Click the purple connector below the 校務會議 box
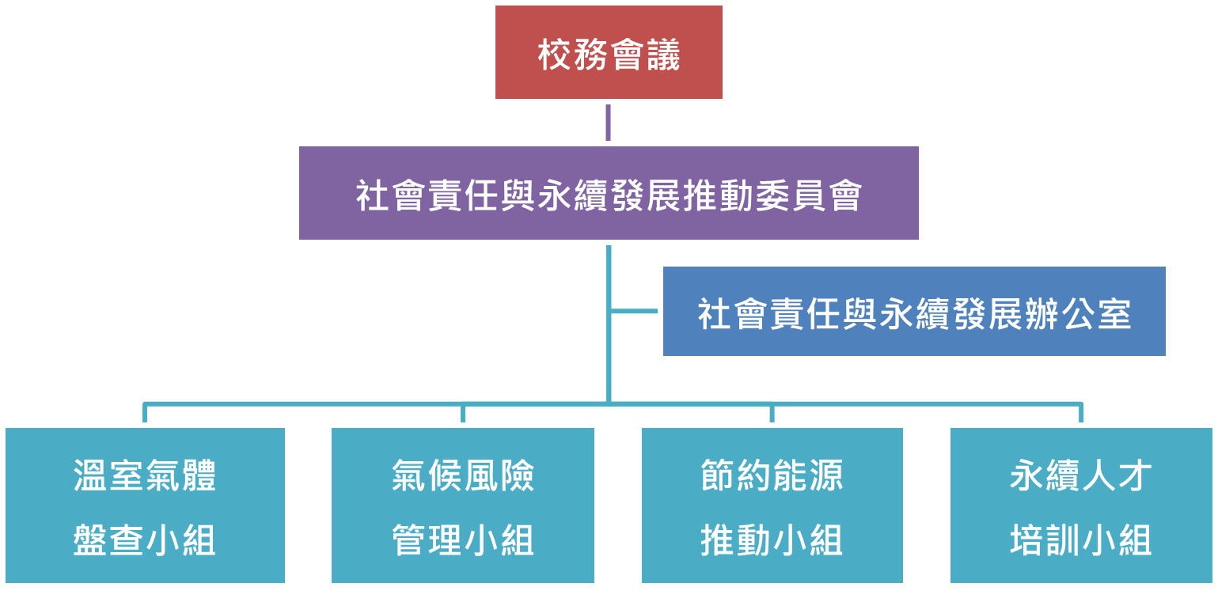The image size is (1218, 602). (x=608, y=123)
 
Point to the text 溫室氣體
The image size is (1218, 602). (x=145, y=476)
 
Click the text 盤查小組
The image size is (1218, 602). (x=145, y=540)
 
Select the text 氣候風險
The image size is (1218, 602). (x=463, y=476)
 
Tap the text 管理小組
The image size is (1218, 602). (x=463, y=540)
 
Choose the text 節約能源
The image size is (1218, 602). (x=772, y=476)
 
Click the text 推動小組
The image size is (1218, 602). (x=772, y=540)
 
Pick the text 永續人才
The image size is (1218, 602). (x=1081, y=476)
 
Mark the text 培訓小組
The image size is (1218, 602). (x=1081, y=540)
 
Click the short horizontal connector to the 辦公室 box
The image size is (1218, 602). (x=635, y=312)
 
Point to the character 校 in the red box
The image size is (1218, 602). (x=555, y=55)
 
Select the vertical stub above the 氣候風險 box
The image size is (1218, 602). (x=463, y=415)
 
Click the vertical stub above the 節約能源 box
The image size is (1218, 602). (x=772, y=415)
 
